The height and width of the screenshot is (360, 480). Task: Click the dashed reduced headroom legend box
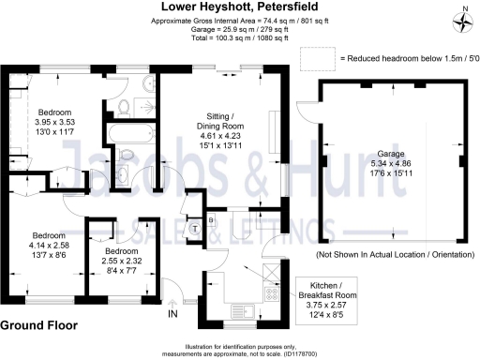click(318, 58)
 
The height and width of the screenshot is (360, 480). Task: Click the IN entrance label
click(172, 314)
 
